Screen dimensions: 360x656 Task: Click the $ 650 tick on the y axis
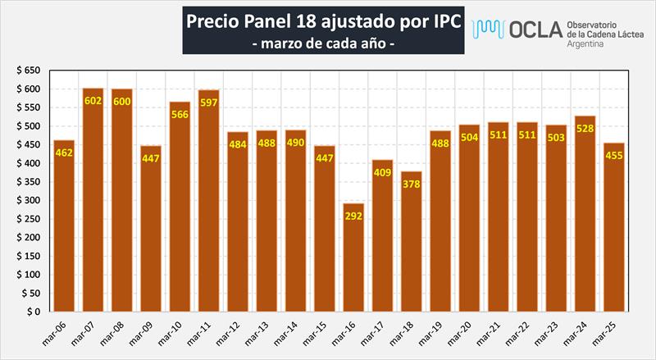click(29, 71)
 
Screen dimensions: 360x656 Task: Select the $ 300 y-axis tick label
click(29, 201)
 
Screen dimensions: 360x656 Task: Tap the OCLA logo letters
click(535, 30)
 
